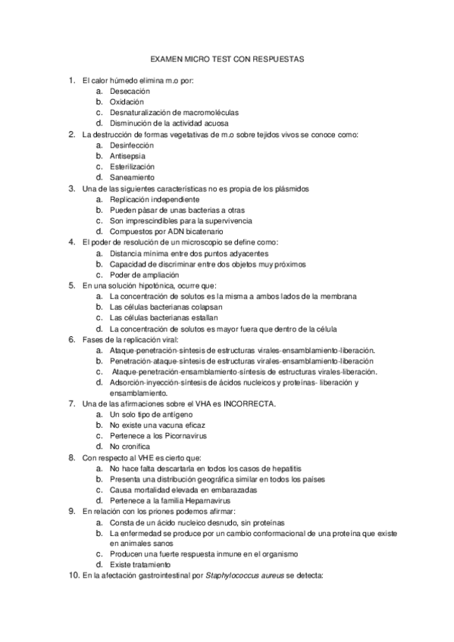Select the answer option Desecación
coord(130,90)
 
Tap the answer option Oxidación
coord(127,101)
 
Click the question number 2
coord(71,134)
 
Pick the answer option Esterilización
coord(132,166)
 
